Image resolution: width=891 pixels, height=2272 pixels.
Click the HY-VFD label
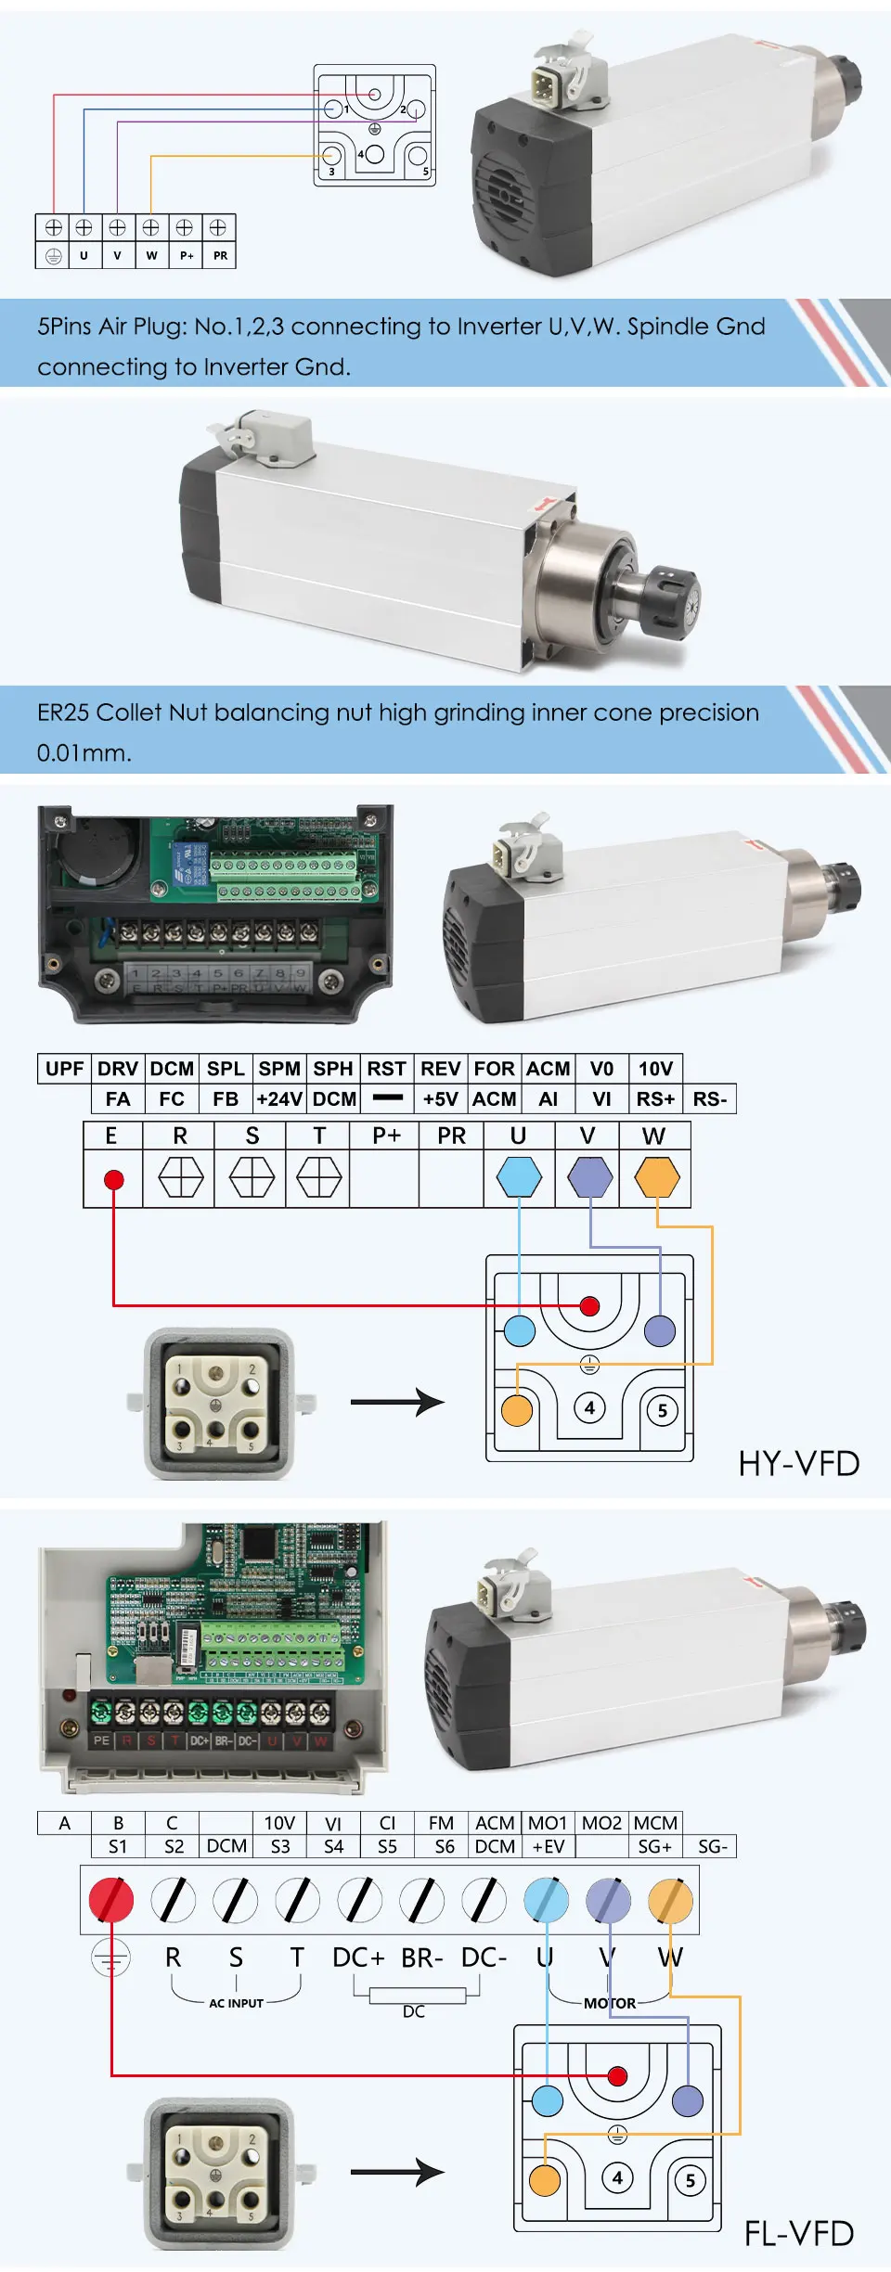click(798, 1464)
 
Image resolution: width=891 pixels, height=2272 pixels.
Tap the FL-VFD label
click(798, 2234)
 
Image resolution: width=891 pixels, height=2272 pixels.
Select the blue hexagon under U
click(519, 1177)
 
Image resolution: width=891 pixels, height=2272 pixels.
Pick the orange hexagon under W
click(657, 1177)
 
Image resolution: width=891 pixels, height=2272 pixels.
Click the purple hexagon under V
click(589, 1177)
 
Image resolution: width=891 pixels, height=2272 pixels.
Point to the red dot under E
click(114, 1180)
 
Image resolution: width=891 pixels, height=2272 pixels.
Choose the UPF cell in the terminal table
click(64, 1069)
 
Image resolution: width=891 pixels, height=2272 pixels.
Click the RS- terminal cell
click(710, 1099)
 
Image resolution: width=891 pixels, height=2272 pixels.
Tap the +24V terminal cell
click(279, 1099)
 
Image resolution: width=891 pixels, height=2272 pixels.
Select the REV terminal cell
click(441, 1069)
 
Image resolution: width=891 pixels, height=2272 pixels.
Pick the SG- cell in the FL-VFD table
click(712, 1847)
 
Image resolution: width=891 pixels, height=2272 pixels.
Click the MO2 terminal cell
click(601, 1823)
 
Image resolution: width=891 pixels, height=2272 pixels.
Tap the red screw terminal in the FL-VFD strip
click(111, 1900)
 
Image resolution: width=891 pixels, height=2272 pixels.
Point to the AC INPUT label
click(236, 2003)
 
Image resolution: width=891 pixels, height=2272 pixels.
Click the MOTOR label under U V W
click(610, 2003)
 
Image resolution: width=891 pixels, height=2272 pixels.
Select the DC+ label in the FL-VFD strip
click(358, 1958)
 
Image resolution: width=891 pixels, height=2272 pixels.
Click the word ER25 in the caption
click(63, 712)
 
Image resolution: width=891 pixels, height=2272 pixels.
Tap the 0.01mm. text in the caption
click(84, 752)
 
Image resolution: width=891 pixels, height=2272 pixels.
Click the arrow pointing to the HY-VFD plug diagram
click(397, 1402)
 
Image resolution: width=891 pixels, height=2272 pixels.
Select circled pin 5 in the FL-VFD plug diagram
click(690, 2180)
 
